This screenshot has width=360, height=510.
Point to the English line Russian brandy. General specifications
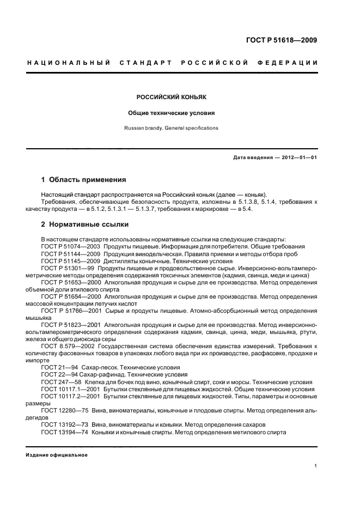click(171, 129)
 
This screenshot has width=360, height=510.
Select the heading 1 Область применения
click(84, 179)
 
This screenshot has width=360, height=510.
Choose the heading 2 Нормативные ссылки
click(86, 224)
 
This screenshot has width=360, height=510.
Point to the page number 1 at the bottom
click(316, 466)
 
